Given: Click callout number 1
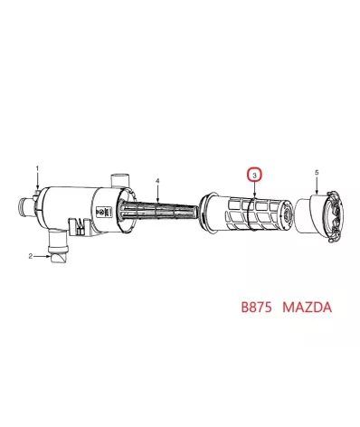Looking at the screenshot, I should (37, 169).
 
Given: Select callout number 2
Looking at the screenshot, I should (30, 257).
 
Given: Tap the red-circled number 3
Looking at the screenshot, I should (255, 172).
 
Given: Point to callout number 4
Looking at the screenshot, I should (157, 181).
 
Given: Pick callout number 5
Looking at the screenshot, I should (316, 172).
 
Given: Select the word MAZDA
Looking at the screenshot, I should (308, 308).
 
